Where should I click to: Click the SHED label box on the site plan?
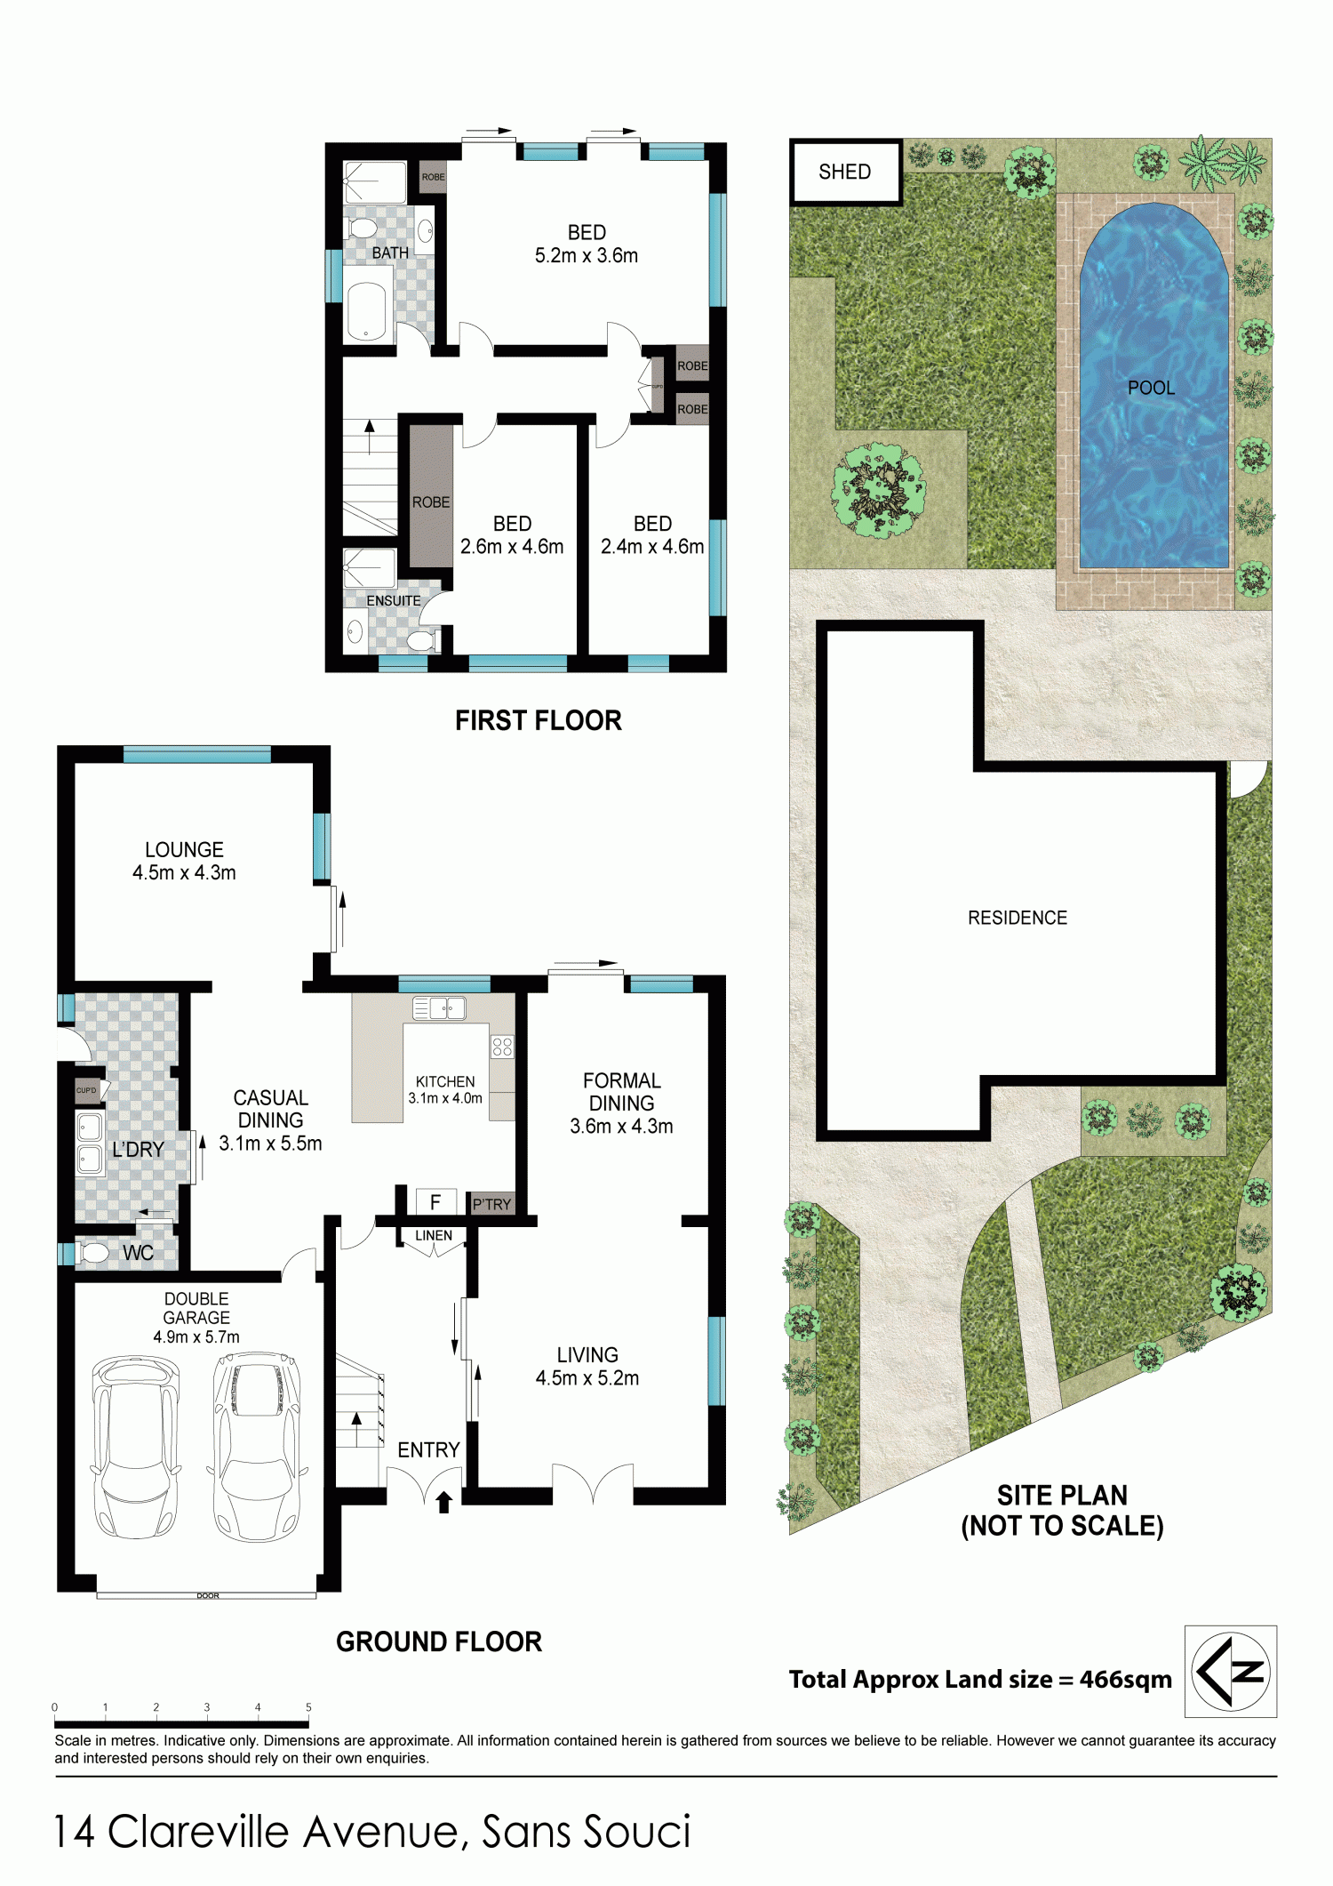pos(846,172)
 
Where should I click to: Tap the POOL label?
pos(1151,388)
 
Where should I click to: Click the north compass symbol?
pos(1230,1671)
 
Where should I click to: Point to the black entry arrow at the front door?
pos(444,1502)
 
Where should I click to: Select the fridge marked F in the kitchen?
pos(435,1202)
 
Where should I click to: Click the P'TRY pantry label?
pos(491,1205)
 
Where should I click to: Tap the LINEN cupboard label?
pos(434,1235)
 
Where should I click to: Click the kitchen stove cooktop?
pos(502,1047)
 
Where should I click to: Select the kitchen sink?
pos(439,1008)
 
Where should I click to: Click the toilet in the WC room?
pos(92,1252)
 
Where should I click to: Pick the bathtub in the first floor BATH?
pos(366,310)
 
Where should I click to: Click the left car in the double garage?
pos(135,1447)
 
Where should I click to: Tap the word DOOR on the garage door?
pos(207,1595)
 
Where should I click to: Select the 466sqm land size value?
pos(1125,1680)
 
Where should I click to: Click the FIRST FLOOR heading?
pos(539,720)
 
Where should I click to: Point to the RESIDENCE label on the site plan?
pos(1018,918)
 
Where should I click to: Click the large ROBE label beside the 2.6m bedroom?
pos(431,502)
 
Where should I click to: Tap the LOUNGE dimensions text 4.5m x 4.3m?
pos(184,873)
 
